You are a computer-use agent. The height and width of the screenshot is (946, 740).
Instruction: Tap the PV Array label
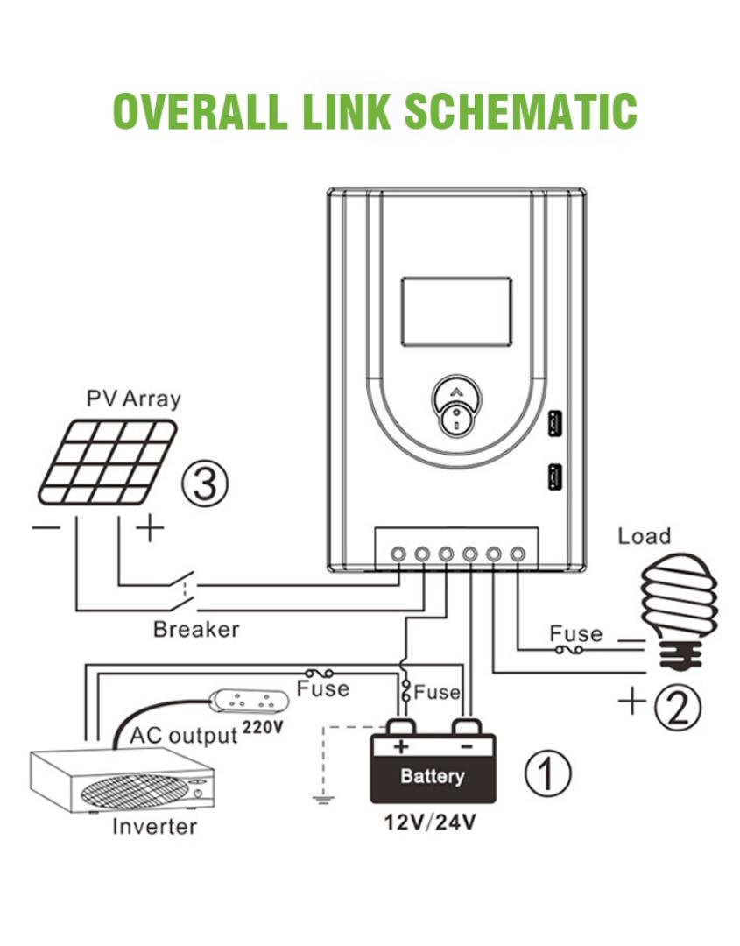(x=133, y=399)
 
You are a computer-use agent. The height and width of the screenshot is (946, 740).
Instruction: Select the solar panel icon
(x=107, y=461)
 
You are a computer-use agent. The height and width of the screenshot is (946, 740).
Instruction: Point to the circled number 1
(x=547, y=773)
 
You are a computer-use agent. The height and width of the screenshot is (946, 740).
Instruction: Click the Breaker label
(x=195, y=629)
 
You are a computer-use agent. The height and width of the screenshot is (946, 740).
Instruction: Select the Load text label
(x=644, y=536)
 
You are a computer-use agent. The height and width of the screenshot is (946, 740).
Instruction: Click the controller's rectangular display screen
(x=456, y=311)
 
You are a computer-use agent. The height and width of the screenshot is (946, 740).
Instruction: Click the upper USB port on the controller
(x=555, y=424)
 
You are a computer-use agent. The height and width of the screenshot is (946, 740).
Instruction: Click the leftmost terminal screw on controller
(x=398, y=554)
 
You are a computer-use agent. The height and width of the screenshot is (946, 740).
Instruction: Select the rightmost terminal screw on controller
(x=518, y=554)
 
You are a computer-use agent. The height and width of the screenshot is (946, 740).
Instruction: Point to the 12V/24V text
(x=431, y=824)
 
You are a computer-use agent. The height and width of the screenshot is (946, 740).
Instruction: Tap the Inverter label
(x=154, y=826)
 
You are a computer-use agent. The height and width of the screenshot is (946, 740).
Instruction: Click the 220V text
(x=264, y=727)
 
